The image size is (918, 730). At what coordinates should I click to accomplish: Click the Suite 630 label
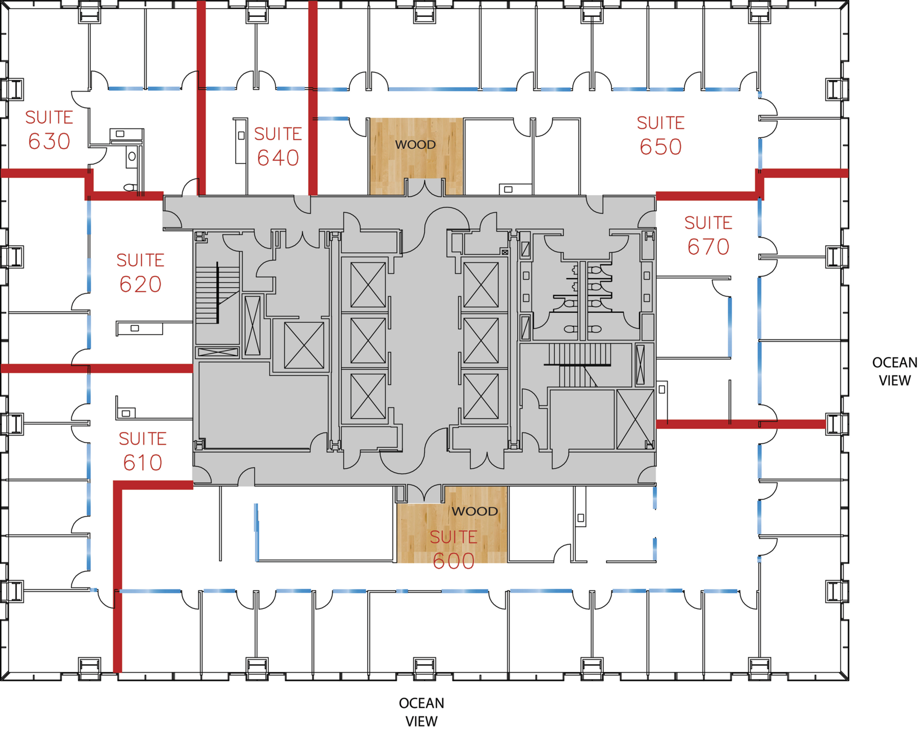tap(49, 130)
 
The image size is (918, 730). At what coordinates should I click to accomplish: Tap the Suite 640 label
tap(278, 147)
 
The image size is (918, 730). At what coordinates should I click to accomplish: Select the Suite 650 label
tap(660, 136)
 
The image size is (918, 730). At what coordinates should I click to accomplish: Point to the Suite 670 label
tap(708, 235)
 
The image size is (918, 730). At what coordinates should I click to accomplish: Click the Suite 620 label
tap(140, 273)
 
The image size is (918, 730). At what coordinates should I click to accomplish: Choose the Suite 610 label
tap(142, 451)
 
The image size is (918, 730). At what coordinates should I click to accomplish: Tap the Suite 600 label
tap(453, 549)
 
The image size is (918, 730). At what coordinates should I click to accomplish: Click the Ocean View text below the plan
tap(421, 712)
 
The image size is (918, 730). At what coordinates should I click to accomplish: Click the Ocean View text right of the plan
tap(895, 371)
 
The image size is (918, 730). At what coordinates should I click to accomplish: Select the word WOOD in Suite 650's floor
tap(415, 145)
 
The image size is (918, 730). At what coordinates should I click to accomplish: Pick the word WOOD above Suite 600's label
tap(474, 511)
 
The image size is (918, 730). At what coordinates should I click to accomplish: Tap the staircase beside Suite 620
tap(218, 293)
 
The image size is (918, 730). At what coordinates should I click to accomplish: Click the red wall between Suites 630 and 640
tap(201, 98)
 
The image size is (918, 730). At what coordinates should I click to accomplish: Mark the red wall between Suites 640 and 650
tap(313, 98)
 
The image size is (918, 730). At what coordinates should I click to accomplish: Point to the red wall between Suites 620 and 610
tap(97, 368)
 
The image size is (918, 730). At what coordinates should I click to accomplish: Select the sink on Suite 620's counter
tap(135, 328)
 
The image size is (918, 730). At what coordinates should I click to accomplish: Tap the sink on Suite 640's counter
tap(241, 136)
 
